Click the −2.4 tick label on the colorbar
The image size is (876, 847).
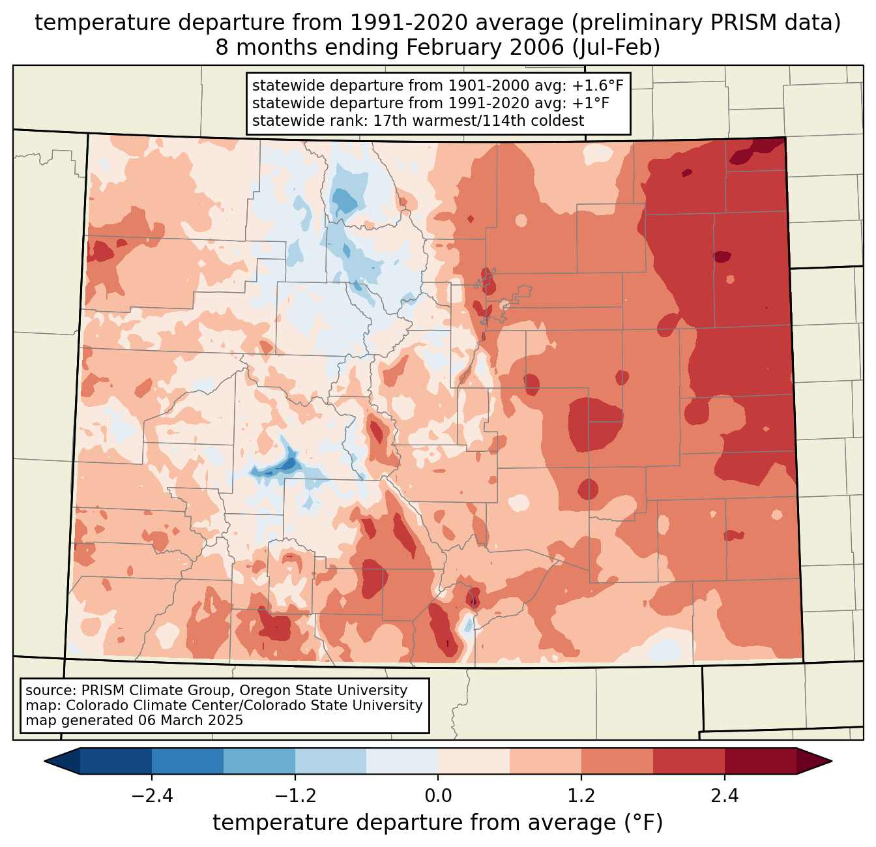pyautogui.click(x=152, y=796)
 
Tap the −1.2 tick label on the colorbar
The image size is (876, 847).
pyautogui.click(x=295, y=796)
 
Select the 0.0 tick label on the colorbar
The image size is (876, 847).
pyautogui.click(x=438, y=796)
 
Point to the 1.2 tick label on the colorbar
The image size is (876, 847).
pyautogui.click(x=581, y=796)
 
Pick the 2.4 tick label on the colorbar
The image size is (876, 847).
pyautogui.click(x=725, y=796)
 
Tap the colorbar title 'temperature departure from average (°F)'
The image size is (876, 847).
pyautogui.click(x=438, y=823)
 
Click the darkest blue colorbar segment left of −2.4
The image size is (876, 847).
pyautogui.click(x=116, y=761)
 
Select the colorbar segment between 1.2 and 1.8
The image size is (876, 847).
pyautogui.click(x=617, y=761)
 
